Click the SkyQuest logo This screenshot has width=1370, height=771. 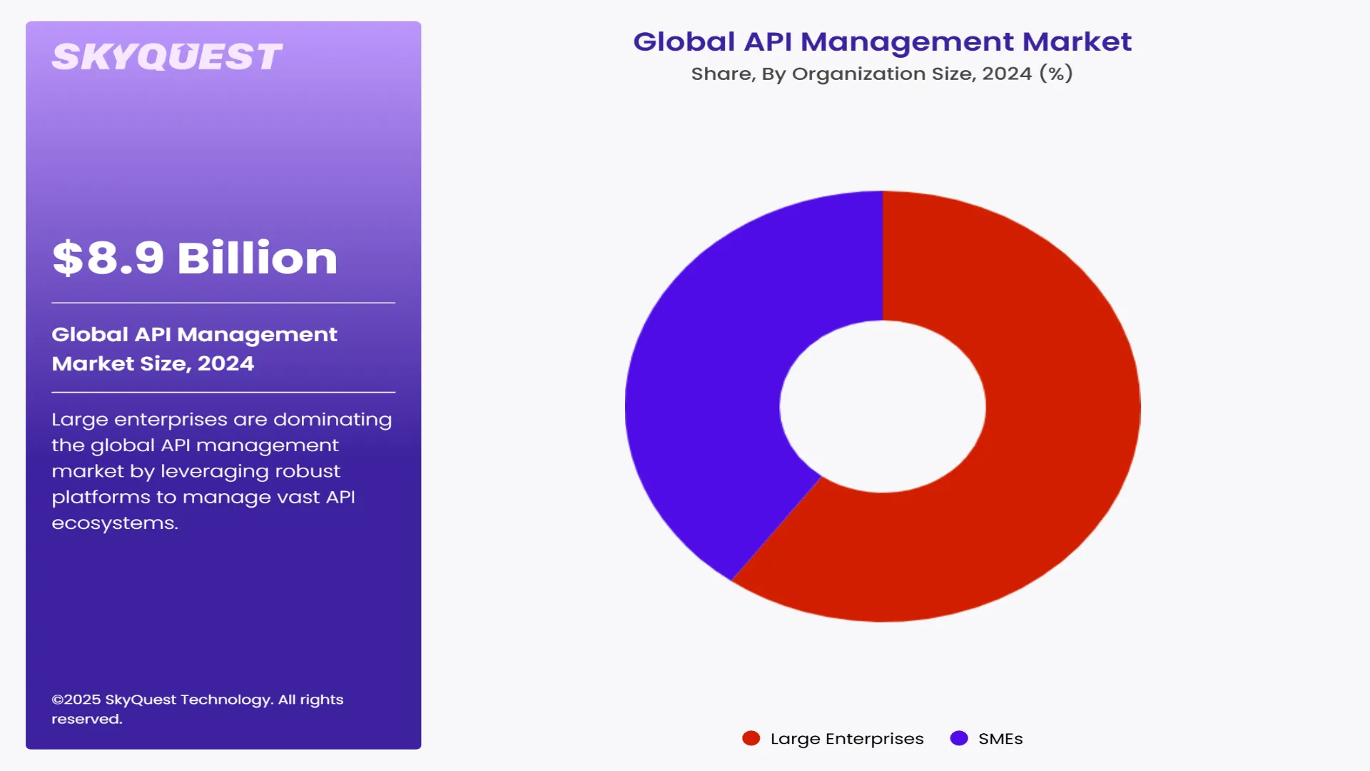pyautogui.click(x=167, y=57)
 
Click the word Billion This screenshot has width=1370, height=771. pyautogui.click(x=257, y=258)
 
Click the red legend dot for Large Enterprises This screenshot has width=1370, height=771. pyautogui.click(x=751, y=738)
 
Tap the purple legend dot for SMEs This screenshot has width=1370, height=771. pyautogui.click(x=959, y=738)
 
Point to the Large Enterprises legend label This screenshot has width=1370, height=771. pyautogui.click(x=847, y=739)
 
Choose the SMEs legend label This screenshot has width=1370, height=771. pyautogui.click(x=1000, y=739)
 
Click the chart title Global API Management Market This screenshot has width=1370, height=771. pyautogui.click(x=882, y=41)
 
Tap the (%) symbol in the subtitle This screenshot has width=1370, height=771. pyautogui.click(x=1056, y=74)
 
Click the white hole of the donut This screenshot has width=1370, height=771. pyautogui.click(x=883, y=406)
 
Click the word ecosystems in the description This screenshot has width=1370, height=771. pyautogui.click(x=114, y=523)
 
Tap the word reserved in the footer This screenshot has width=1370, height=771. pyautogui.click(x=86, y=720)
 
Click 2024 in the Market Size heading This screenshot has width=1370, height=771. pyautogui.click(x=225, y=363)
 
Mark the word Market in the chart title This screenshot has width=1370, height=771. pyautogui.click(x=1077, y=41)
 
